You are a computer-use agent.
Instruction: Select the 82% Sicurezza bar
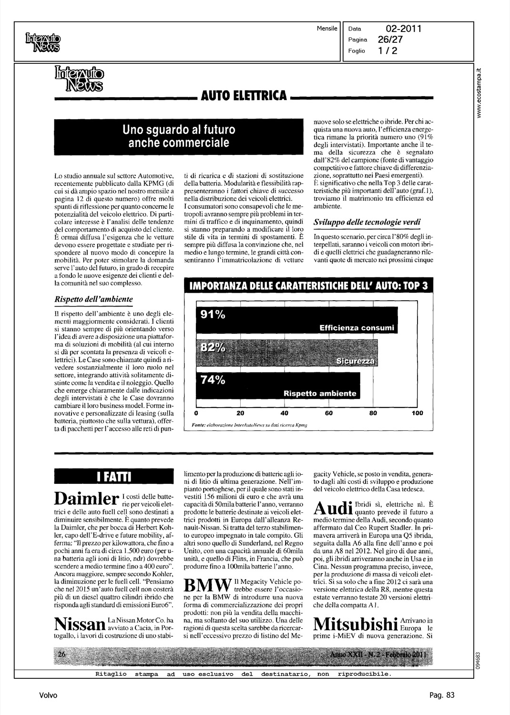287,353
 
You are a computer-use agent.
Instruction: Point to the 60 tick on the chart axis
328,413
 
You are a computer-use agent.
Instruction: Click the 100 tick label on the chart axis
417,413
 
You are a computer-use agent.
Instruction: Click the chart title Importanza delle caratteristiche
308,286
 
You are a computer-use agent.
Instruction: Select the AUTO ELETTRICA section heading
244,96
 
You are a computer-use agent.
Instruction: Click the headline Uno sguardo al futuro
179,136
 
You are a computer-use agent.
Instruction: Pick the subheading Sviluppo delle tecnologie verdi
367,222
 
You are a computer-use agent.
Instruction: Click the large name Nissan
80,623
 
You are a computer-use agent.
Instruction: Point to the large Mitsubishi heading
356,623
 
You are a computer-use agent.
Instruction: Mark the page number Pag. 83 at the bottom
442,695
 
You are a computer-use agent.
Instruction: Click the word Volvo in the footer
48,695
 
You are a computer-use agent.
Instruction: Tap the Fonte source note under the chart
249,424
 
